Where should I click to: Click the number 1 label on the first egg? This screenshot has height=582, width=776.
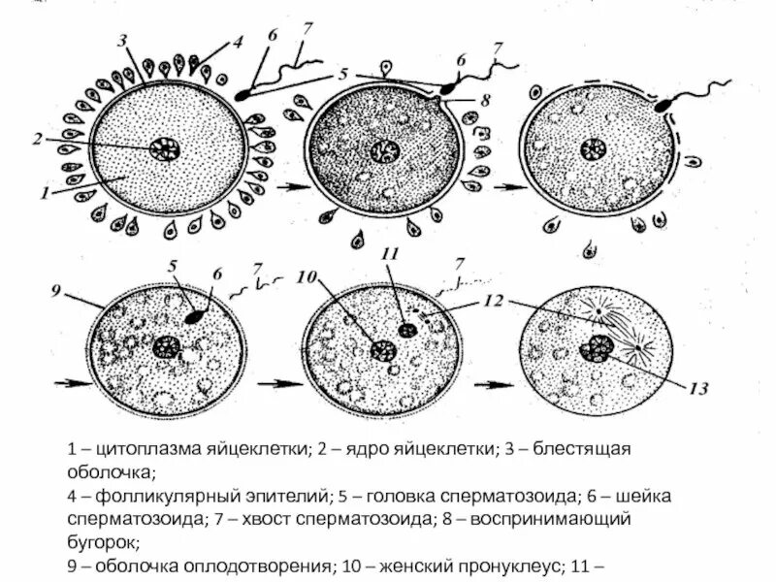pyautogui.click(x=46, y=193)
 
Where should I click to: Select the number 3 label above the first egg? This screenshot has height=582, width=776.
pyautogui.click(x=123, y=40)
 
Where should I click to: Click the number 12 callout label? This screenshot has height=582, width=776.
pyautogui.click(x=493, y=301)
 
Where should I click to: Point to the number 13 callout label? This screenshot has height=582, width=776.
pyautogui.click(x=700, y=389)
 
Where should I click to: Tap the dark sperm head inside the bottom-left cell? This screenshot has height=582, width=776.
pyautogui.click(x=197, y=315)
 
